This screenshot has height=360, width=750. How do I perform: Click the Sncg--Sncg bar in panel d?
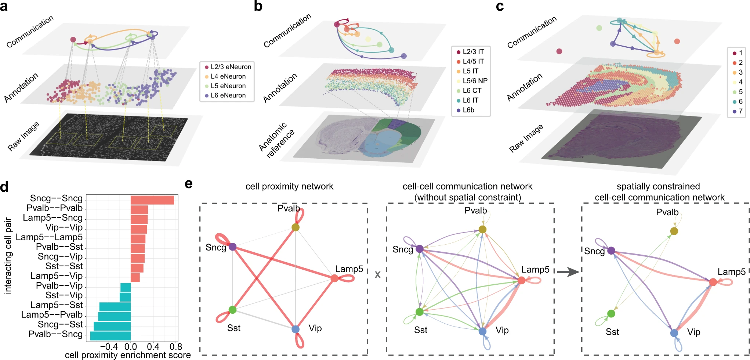[152, 200]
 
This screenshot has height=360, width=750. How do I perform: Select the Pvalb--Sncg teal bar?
[110, 336]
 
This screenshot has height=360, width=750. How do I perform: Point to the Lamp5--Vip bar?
[135, 277]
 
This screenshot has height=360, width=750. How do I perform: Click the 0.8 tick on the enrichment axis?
[176, 347]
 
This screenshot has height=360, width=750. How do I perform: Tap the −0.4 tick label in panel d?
[109, 347]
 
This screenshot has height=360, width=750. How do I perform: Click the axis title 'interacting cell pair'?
[8, 256]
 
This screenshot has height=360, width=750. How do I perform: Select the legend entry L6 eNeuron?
[228, 96]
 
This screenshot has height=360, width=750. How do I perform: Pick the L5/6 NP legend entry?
[474, 81]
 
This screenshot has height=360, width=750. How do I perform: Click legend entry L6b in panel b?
[468, 110]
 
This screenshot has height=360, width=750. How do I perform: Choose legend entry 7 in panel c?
[738, 111]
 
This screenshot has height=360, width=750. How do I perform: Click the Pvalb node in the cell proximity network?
[296, 227]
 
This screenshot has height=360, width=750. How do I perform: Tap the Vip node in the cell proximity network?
[296, 329]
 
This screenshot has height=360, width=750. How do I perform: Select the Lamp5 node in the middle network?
[521, 281]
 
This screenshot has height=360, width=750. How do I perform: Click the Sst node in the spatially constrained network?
[611, 314]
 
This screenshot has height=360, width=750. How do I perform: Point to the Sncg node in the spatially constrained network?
[611, 251]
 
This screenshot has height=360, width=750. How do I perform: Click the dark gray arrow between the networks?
[568, 272]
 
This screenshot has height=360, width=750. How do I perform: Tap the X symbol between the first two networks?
[377, 275]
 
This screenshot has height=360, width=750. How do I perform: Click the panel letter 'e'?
[189, 184]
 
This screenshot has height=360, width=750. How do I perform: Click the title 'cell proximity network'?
[289, 187]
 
